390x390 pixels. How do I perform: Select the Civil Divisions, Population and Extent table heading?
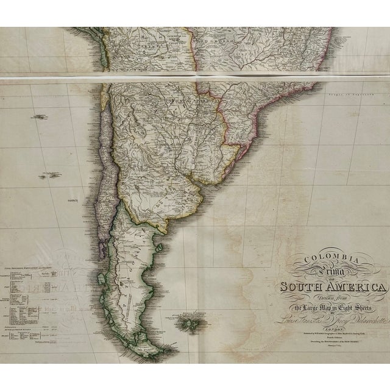pyautogui.click(x=31, y=268)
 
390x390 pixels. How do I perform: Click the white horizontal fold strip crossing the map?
pyautogui.click(x=195, y=77)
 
